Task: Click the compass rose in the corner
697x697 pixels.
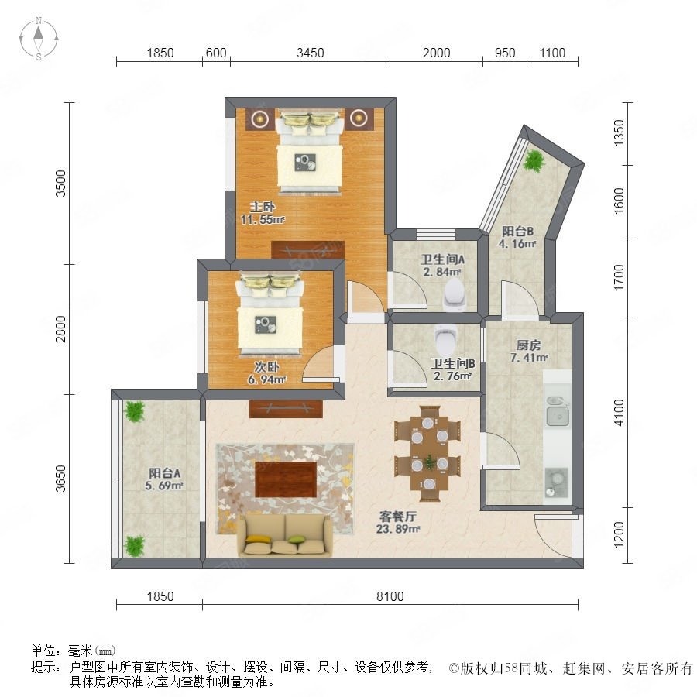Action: click(39, 39)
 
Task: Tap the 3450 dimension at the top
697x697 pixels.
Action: click(311, 53)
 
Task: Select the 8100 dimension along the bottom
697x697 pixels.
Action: click(390, 596)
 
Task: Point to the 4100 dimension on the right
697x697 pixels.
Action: click(619, 413)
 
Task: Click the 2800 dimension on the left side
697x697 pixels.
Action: click(60, 329)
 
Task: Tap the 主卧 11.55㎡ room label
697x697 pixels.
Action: click(263, 213)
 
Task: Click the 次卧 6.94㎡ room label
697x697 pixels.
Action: click(266, 373)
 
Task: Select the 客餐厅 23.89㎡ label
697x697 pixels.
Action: click(398, 522)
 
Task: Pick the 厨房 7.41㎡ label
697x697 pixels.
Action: click(528, 351)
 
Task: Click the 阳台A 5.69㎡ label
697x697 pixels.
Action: click(164, 479)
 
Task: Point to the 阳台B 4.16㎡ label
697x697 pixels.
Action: click(517, 238)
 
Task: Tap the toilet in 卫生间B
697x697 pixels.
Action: click(445, 339)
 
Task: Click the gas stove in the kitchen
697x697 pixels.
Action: click(557, 482)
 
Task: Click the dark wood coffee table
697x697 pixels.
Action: click(286, 479)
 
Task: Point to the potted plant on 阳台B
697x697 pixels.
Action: click(534, 160)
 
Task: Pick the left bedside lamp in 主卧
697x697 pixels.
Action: click(260, 118)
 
